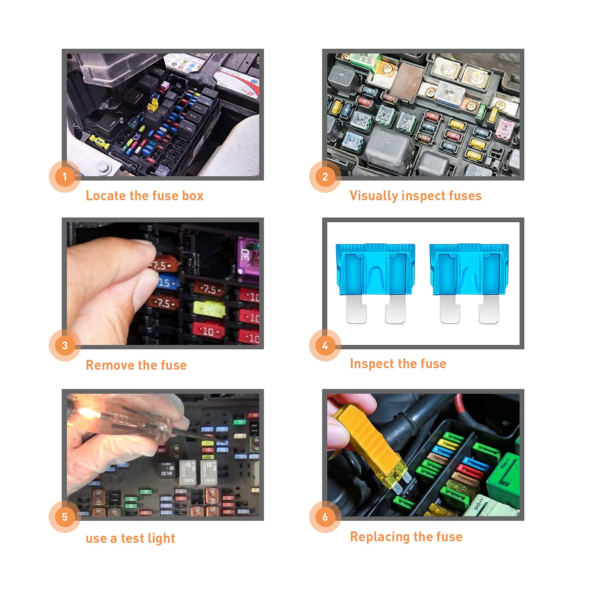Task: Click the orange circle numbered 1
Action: pos(65,177)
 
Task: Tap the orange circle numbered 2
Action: pos(325,177)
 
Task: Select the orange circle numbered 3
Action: pos(65,345)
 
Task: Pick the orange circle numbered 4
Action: pos(325,345)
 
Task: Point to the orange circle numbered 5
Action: pos(65,517)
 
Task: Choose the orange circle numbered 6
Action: pos(325,517)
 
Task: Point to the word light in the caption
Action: pos(161,538)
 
